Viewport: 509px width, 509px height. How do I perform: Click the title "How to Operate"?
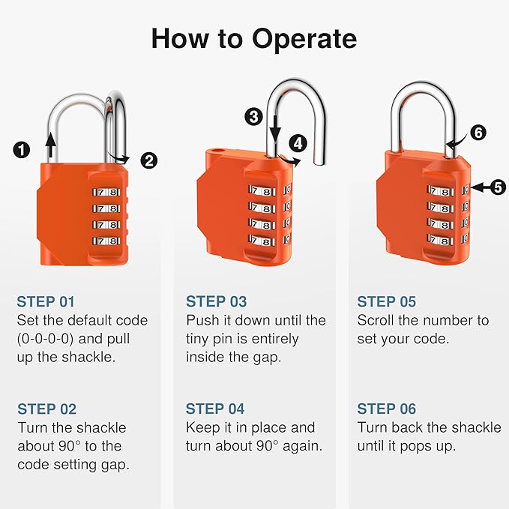coord(254,37)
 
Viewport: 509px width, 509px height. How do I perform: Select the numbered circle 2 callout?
coord(149,160)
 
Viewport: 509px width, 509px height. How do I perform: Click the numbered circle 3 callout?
coord(254,116)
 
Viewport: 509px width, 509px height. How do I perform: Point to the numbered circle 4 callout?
coord(299,142)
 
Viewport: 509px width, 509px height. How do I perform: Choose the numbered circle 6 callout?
coord(478,133)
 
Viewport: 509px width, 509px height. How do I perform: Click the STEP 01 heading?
coord(46,302)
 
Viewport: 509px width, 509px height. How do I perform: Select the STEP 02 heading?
coord(46,409)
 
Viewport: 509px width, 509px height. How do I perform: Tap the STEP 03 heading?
coord(216,302)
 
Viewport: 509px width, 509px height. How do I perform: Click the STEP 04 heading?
coord(216,409)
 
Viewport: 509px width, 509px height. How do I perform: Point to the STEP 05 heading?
coord(386,302)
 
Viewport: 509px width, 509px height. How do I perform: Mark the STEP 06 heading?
coord(386,409)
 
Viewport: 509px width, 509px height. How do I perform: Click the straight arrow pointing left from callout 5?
coord(478,187)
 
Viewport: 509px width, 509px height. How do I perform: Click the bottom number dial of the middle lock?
coord(262,241)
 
